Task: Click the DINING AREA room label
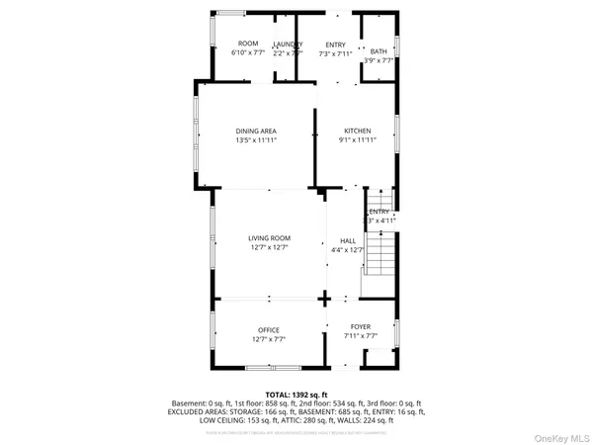pos(256,132)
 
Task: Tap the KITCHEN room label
pos(357,132)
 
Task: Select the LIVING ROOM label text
pos(269,238)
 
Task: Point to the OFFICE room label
pos(269,330)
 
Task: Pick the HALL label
pos(348,241)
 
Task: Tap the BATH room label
pos(379,51)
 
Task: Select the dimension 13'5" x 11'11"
pos(256,141)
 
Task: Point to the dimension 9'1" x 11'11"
pos(357,141)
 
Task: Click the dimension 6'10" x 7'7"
pos(248,53)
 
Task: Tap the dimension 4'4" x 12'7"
pos(348,251)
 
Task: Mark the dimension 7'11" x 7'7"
pos(361,337)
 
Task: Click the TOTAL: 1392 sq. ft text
pos(296,395)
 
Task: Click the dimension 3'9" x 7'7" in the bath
pos(379,61)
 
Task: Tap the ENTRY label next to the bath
pos(336,44)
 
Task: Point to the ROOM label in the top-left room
pos(248,44)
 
